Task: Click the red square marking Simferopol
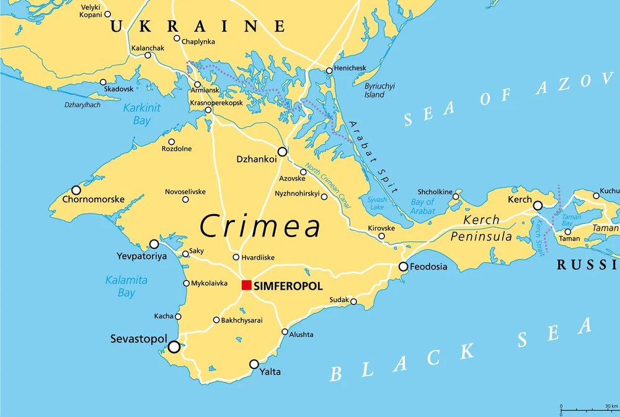246,285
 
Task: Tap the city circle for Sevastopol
174,346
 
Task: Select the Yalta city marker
254,364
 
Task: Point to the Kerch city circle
538,205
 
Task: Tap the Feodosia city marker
403,267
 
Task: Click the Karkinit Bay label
141,114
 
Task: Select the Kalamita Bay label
126,286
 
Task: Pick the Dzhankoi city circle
282,151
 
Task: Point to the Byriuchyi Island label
379,91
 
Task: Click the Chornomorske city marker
76,190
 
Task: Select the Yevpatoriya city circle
154,244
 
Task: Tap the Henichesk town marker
329,70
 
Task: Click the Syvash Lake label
376,204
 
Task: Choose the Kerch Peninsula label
481,228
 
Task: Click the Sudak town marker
353,302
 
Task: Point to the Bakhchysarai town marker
216,320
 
